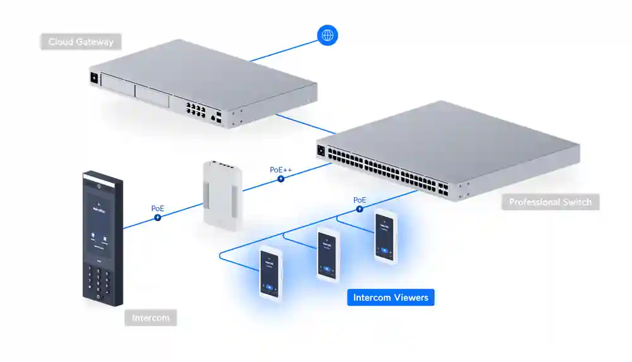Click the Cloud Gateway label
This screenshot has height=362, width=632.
click(x=81, y=42)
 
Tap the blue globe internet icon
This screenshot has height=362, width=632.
click(x=327, y=35)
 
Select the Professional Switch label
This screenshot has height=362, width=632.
click(x=550, y=202)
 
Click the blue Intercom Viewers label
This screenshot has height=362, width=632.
click(x=391, y=298)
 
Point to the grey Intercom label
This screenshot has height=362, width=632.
click(x=150, y=318)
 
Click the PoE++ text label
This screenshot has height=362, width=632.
click(x=281, y=169)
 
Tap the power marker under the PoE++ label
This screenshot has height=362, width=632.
click(x=281, y=179)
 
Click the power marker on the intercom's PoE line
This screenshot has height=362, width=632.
click(x=157, y=217)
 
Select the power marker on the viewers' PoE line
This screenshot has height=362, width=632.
click(x=359, y=210)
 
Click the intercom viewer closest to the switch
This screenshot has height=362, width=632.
click(x=385, y=237)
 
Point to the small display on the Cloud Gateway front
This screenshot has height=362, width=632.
click(x=95, y=78)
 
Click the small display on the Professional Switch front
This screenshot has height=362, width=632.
click(x=320, y=151)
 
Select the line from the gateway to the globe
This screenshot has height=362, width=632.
click(x=284, y=51)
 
